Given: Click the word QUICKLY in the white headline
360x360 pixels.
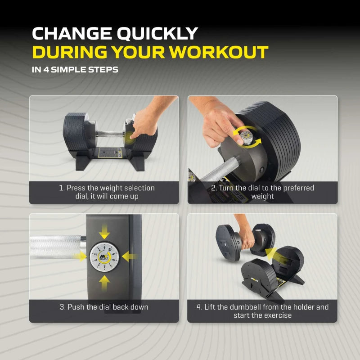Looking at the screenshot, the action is point(157,34).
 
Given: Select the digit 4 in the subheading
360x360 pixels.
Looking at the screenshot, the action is point(46,70).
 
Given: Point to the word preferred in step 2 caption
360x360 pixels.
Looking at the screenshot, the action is point(298,188).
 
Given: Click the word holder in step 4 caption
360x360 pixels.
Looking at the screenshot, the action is point(303,307).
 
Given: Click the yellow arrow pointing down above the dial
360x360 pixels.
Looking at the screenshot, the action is point(104,232).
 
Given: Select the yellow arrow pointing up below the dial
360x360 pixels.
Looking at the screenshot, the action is point(104,283).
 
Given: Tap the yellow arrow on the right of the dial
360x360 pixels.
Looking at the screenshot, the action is point(130,256).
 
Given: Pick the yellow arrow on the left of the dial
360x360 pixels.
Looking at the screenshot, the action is point(80,256).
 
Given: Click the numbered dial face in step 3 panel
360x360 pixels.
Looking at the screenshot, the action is point(104,257).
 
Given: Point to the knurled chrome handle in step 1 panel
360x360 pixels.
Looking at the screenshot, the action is point(110,134).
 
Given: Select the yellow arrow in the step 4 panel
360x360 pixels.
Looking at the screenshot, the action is point(274,255).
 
